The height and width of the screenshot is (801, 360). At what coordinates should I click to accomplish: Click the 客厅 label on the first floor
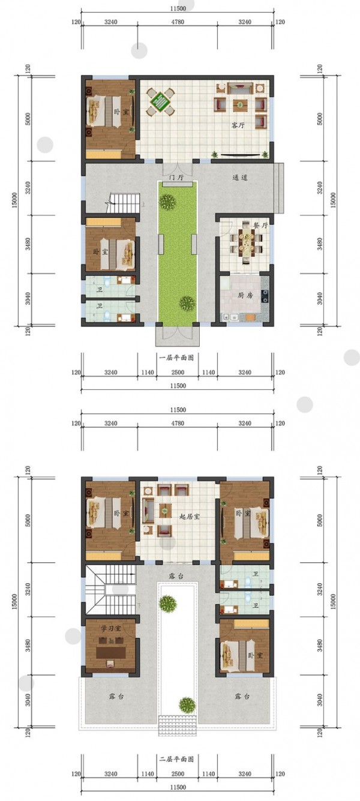238,125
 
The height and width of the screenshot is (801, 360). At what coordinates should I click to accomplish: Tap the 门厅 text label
176,178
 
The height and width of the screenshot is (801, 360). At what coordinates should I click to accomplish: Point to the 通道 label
240,178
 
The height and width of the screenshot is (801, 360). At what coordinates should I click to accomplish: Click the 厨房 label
245,295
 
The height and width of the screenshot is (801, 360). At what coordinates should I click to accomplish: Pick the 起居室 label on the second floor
190,517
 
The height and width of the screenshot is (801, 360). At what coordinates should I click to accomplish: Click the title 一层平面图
176,357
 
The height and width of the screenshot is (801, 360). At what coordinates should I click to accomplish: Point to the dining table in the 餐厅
247,244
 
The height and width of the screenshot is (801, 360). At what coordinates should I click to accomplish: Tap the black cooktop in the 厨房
265,295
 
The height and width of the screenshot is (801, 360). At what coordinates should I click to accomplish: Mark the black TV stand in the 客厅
240,155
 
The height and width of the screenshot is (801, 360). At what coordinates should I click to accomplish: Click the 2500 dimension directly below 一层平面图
178,372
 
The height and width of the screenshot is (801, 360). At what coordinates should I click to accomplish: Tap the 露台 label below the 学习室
116,697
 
